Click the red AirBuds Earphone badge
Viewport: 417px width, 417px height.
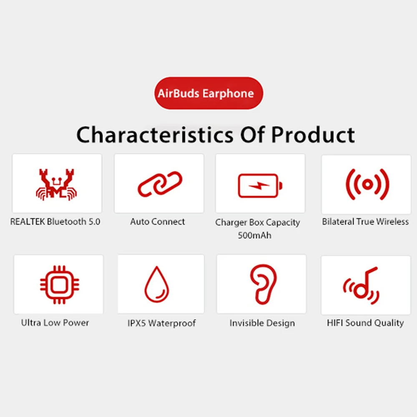point(208,93)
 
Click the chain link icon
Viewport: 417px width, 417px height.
point(160,183)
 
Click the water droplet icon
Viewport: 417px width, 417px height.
point(157,285)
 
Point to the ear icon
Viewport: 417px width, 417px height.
point(263,284)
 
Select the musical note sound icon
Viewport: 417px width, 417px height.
point(362,286)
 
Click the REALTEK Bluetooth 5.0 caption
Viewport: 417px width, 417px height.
point(55,222)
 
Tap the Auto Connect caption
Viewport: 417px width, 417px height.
point(158,222)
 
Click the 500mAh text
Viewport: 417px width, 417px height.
point(254,235)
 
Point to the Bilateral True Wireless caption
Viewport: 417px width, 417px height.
point(365,222)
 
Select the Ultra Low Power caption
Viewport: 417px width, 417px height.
point(55,322)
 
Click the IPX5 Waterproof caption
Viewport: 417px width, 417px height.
point(161,323)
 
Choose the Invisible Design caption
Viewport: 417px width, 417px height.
point(262,323)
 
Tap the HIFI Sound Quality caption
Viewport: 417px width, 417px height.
point(365,323)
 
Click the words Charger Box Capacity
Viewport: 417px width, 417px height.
point(257,223)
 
